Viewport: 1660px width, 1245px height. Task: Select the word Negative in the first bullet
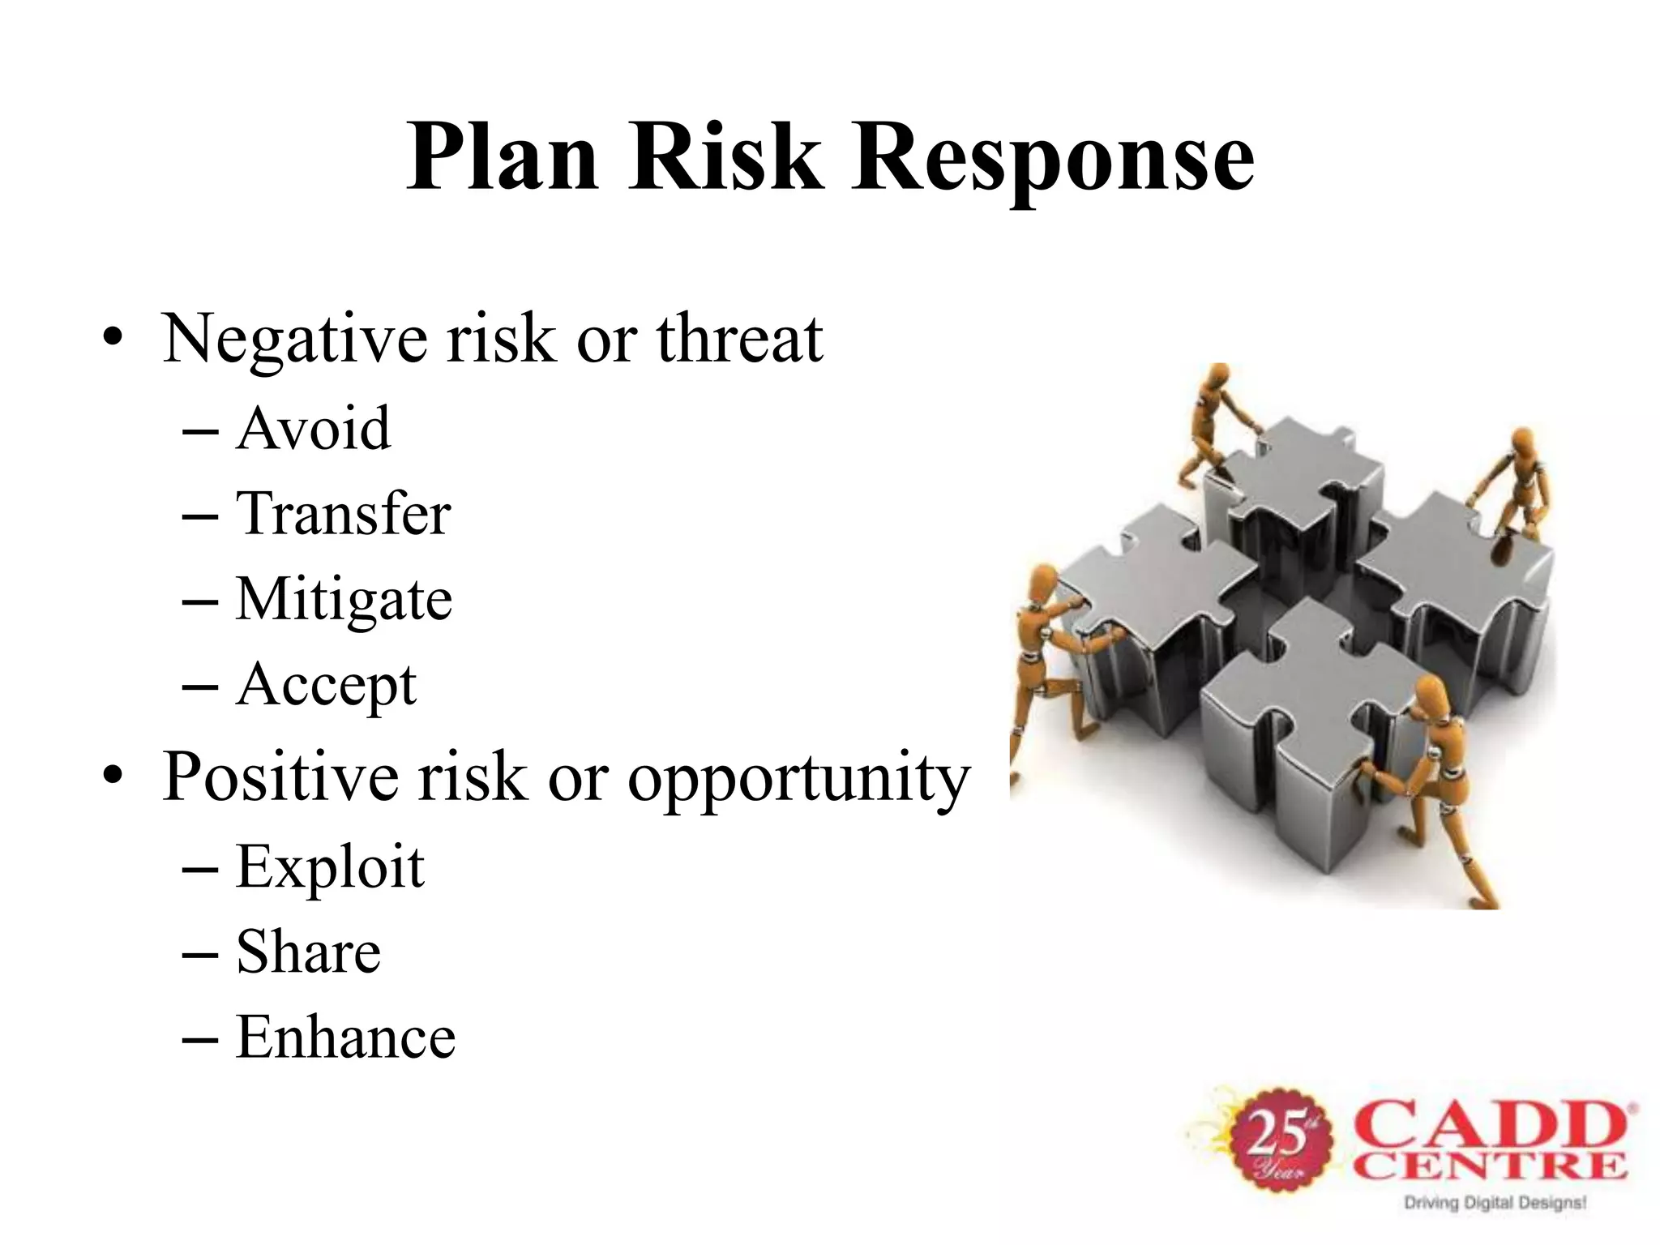[295, 339]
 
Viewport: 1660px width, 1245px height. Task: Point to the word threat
[739, 339]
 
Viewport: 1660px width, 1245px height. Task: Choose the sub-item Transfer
[343, 514]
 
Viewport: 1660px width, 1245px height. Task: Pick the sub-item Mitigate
[344, 600]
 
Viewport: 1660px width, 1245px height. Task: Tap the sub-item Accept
[326, 686]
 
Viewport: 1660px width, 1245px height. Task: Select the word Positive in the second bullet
[280, 777]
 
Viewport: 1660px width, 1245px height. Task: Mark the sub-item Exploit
[330, 867]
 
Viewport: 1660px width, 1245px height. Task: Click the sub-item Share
[308, 952]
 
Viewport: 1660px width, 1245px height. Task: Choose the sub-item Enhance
[345, 1037]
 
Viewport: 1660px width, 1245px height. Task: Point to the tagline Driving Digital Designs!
[1494, 1203]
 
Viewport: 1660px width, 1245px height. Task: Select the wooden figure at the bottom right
[1439, 778]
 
